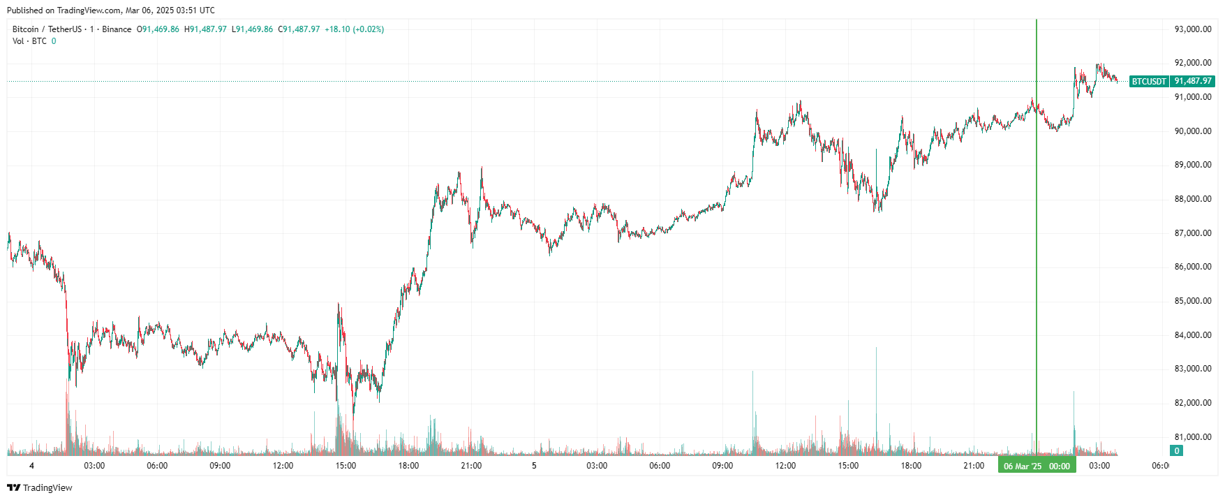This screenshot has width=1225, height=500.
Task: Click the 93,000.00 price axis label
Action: click(1192, 29)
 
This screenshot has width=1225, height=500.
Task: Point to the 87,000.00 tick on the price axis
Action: click(1192, 233)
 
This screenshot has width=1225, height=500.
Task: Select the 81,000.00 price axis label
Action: click(1192, 437)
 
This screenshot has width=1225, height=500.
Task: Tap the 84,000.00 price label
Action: click(1192, 335)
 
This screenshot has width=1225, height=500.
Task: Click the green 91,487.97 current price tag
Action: click(1193, 81)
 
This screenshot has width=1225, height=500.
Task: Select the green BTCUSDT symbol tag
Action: click(1149, 82)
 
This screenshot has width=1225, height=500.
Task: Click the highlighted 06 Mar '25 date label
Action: click(1023, 466)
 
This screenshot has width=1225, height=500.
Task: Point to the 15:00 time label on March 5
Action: click(848, 466)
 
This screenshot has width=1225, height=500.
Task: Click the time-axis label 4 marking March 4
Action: click(31, 466)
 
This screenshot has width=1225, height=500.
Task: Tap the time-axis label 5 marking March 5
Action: click(534, 466)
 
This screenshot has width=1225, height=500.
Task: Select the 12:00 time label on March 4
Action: click(283, 466)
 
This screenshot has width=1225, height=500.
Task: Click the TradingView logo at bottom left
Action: click(40, 487)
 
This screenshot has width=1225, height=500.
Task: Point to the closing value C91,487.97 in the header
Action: click(299, 29)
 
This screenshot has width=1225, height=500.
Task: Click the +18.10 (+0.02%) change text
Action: click(354, 29)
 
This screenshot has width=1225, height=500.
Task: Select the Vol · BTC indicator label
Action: click(29, 41)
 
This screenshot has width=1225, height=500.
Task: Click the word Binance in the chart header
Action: click(117, 29)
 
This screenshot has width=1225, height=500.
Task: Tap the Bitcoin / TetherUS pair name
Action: click(47, 29)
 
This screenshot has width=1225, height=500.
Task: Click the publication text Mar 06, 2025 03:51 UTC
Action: click(170, 10)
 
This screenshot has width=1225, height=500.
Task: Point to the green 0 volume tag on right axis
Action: click(1176, 451)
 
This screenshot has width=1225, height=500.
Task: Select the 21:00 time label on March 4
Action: click(471, 466)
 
